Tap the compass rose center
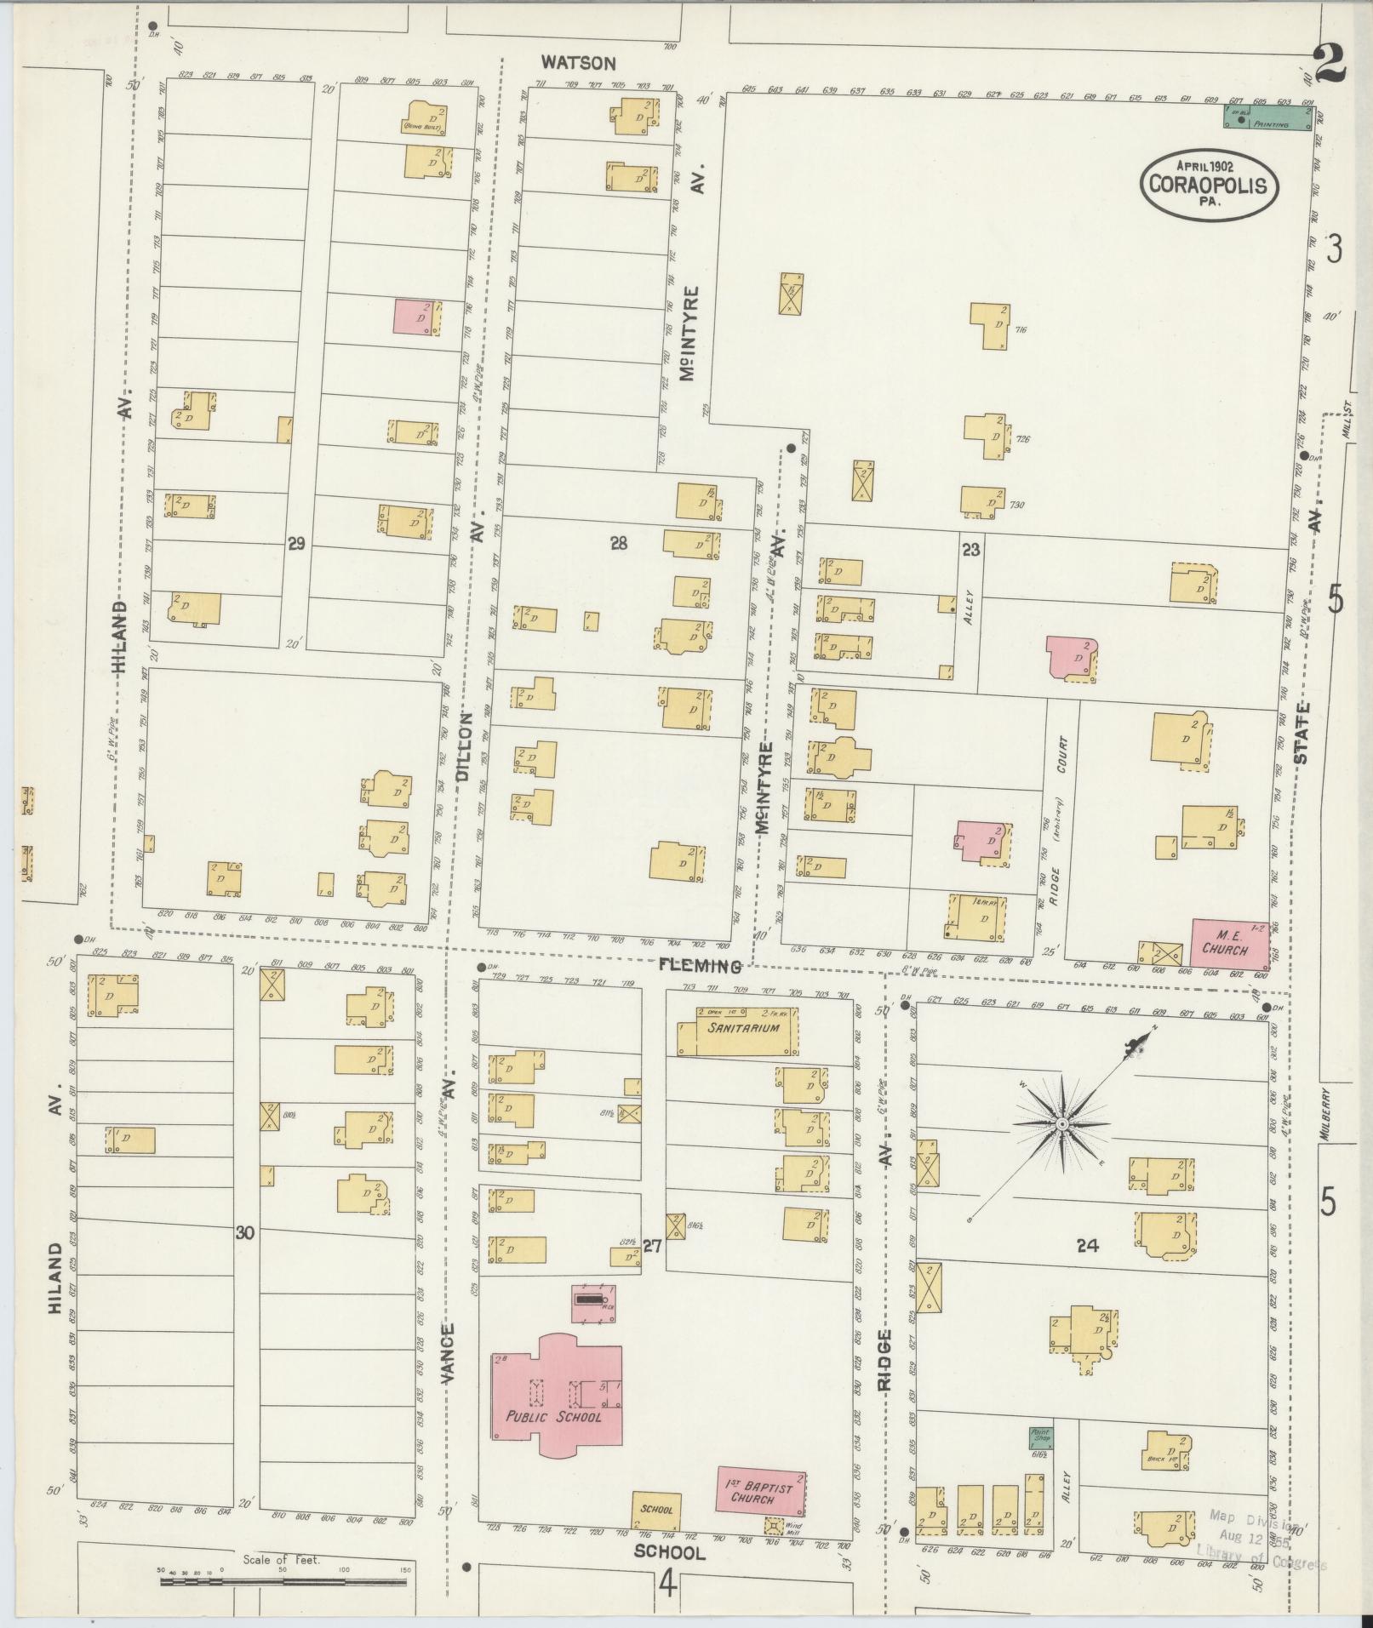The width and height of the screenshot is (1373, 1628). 1061,1125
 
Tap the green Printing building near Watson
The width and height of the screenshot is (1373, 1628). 1267,119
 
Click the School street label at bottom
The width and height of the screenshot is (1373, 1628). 670,1552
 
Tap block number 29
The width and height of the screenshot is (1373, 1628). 295,544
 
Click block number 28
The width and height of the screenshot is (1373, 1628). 619,543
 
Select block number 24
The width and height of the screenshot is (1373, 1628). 1087,1247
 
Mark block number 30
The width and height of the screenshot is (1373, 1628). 245,1232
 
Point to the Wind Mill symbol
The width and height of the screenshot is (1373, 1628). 774,1526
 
